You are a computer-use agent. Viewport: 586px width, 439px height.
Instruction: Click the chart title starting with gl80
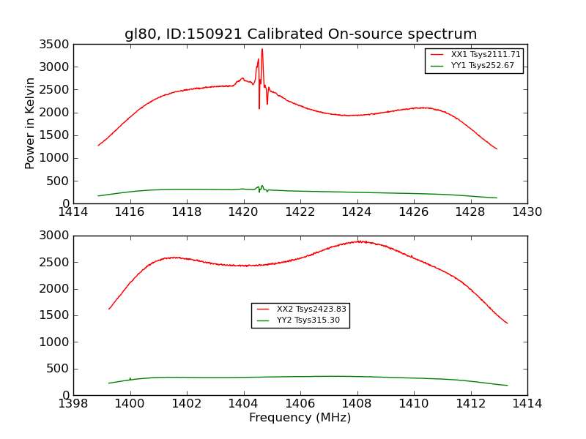pyautogui.click(x=300, y=34)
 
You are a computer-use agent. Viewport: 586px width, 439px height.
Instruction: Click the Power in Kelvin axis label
pyautogui.click(x=30, y=123)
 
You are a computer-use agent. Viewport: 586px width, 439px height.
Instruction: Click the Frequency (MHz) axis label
pyautogui.click(x=300, y=418)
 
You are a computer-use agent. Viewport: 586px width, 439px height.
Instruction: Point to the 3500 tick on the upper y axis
pyautogui.click(x=56, y=44)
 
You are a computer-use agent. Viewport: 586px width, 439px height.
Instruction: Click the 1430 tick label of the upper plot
pyautogui.click(x=527, y=212)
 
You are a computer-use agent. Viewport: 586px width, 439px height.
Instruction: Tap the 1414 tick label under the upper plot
pyautogui.click(x=73, y=212)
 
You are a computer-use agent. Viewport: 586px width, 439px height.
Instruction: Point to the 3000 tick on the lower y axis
pyautogui.click(x=56, y=236)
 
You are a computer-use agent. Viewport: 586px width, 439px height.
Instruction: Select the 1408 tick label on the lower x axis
pyautogui.click(x=357, y=404)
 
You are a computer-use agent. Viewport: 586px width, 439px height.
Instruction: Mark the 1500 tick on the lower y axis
pyautogui.click(x=56, y=315)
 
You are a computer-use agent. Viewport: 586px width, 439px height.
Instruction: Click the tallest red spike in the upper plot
pyautogui.click(x=262, y=50)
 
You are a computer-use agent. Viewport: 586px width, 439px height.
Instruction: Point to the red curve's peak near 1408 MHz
pyautogui.click(x=358, y=241)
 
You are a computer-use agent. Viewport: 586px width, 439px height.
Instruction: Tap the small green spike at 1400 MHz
pyautogui.click(x=130, y=378)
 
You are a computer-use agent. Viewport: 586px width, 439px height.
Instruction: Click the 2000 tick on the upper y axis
pyautogui.click(x=56, y=113)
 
